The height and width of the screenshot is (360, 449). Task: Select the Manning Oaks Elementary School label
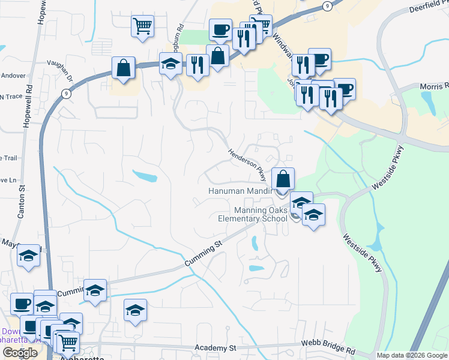click(x=253, y=214)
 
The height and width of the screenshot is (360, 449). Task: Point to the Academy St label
click(x=216, y=348)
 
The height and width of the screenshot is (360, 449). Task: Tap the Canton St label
click(x=22, y=201)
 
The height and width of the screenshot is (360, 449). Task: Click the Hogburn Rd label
click(x=178, y=34)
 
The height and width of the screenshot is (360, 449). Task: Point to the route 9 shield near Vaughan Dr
click(x=66, y=94)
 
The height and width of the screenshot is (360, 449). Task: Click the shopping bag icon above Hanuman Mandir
click(x=283, y=178)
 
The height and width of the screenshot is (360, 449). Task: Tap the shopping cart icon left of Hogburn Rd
click(x=143, y=25)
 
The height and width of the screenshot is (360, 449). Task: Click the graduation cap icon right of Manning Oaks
click(x=313, y=214)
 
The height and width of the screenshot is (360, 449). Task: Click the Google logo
click(x=20, y=353)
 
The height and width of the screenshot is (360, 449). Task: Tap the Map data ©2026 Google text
click(x=412, y=355)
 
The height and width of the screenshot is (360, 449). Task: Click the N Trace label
click(x=10, y=97)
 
